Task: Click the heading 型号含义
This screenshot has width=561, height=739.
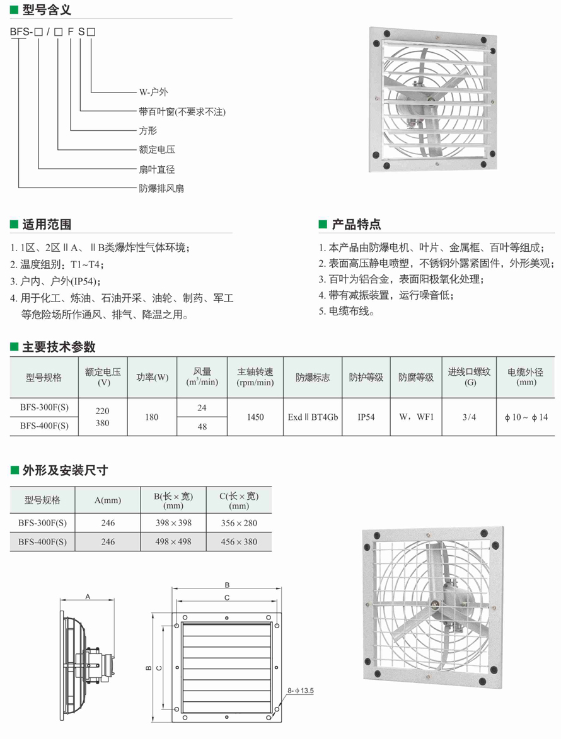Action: pos(47,9)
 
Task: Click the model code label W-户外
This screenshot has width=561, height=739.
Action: pos(154,92)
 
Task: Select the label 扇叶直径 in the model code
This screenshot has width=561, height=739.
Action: pos(156,169)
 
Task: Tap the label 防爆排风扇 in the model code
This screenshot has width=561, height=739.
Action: pos(161,188)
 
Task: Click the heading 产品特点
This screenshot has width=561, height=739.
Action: pos(356,225)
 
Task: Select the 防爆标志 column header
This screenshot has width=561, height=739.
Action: pos(313,378)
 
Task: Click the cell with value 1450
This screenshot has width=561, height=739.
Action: pos(255,417)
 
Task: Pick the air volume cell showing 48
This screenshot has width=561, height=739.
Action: pos(202,426)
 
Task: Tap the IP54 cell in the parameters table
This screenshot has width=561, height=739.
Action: pos(366,417)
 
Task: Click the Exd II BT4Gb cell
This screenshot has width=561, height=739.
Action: pos(313,417)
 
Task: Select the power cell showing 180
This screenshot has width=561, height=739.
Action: pos(151,417)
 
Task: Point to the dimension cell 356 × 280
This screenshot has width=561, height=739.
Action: pos(239,522)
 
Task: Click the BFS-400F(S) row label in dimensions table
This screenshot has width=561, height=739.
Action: pos(42,541)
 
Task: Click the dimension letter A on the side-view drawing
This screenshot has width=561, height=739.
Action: pos(88,595)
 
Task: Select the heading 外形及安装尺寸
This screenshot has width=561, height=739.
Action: pos(65,470)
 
